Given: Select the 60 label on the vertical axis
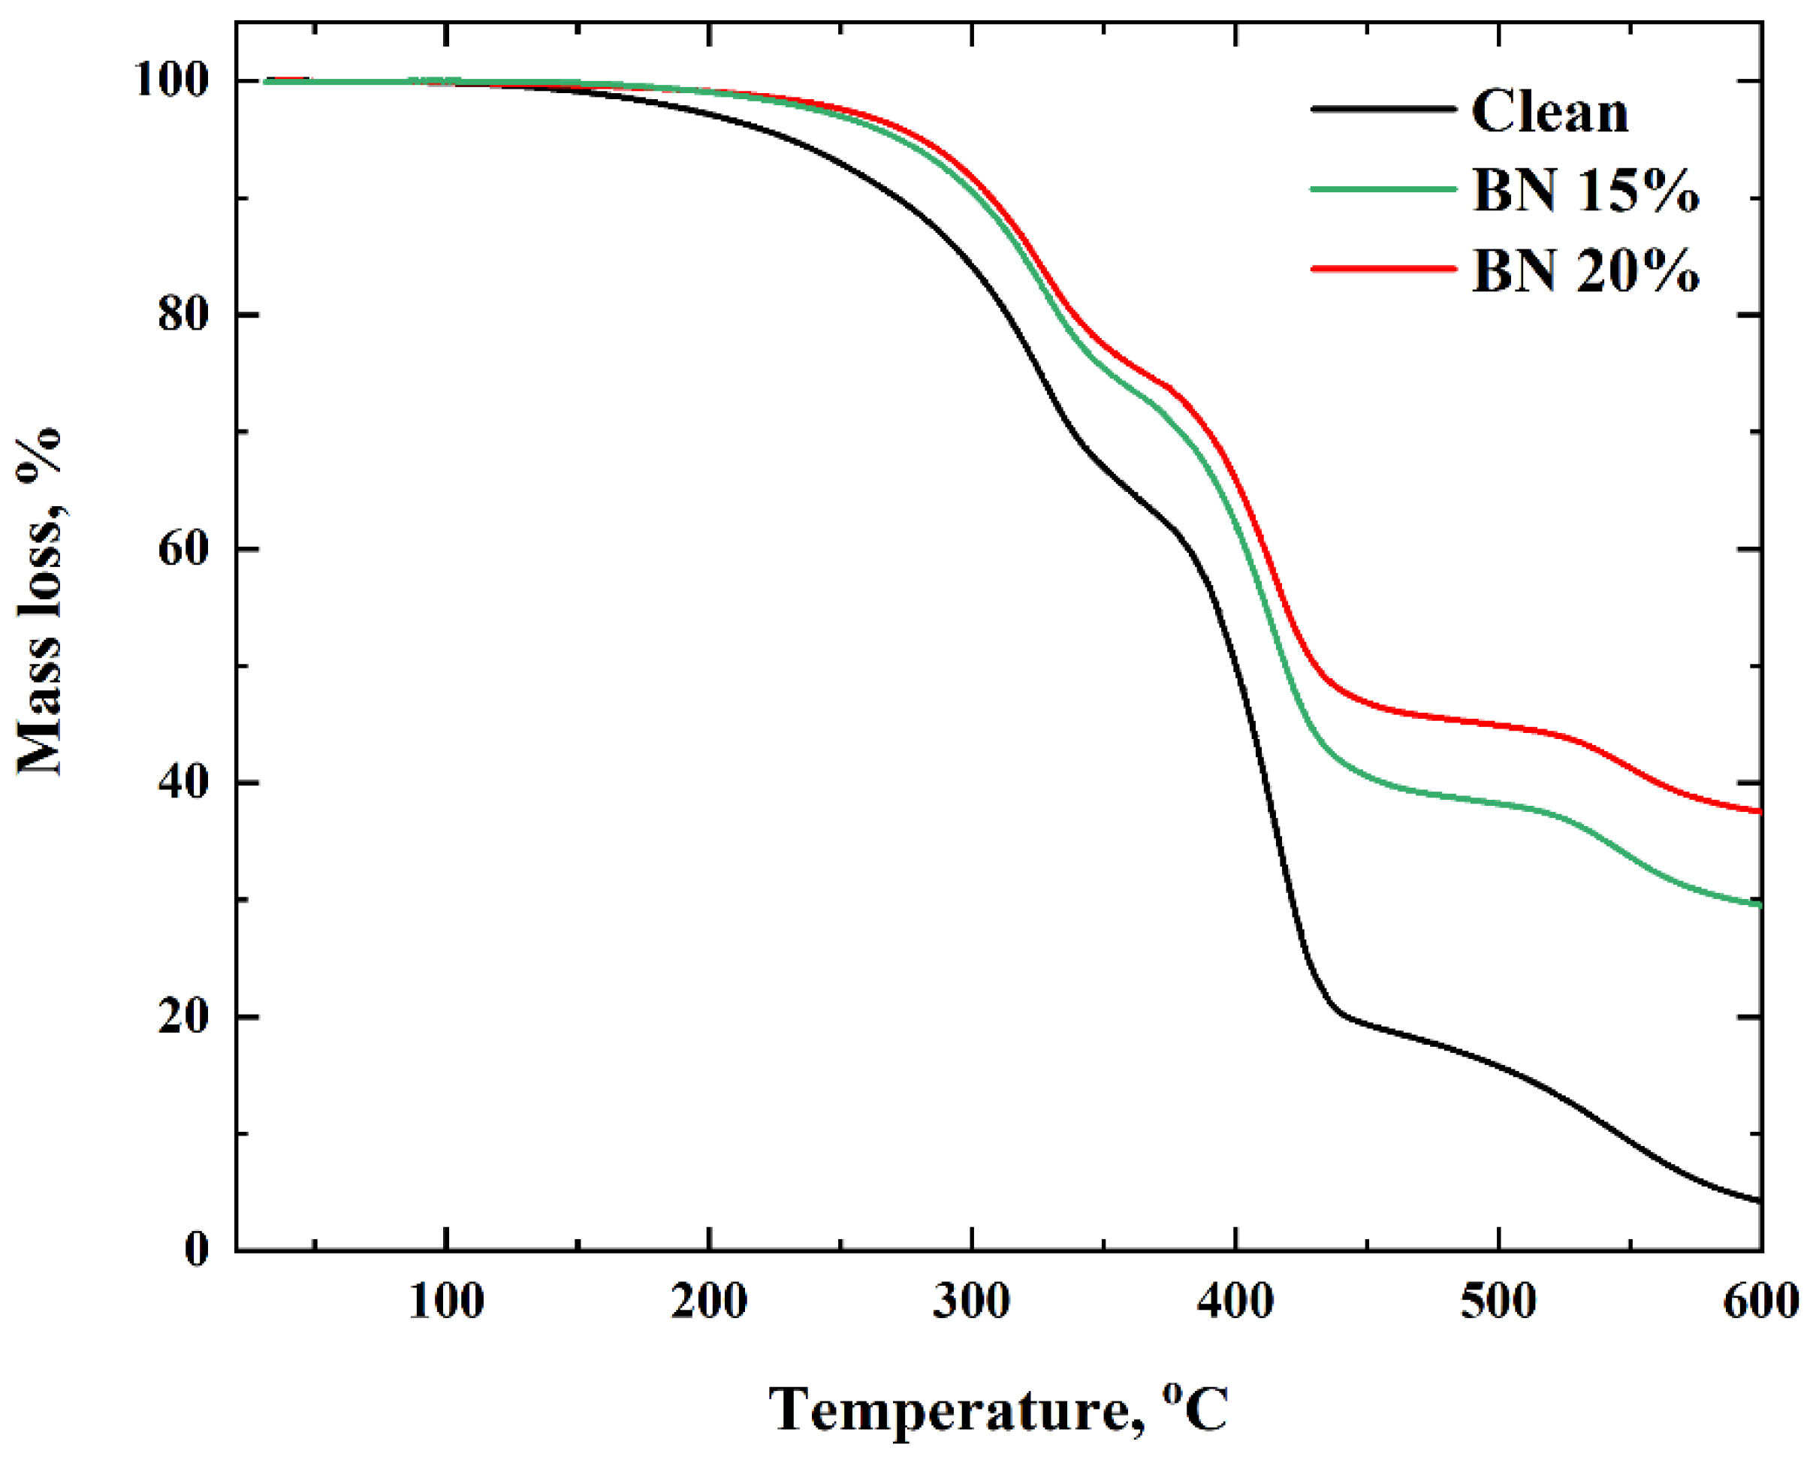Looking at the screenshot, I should [183, 549].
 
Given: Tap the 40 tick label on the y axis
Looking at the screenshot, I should [183, 783].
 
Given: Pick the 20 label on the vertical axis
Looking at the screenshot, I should [183, 1018].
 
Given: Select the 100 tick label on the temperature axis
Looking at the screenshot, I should [446, 1303].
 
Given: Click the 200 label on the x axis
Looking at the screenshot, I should [710, 1303].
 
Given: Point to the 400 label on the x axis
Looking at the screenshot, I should [1235, 1303].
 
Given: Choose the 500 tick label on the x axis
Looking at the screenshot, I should [1498, 1303].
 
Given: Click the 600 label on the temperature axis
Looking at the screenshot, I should [1760, 1303].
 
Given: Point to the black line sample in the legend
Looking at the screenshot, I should [1383, 110].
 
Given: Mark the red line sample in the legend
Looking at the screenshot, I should [1383, 270].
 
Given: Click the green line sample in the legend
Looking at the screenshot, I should [1383, 189].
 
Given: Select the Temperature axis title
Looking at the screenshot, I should [998, 1410].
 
